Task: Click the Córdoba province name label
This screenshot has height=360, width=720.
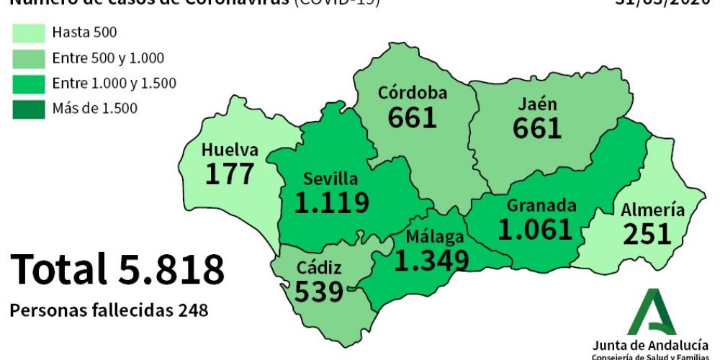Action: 413,93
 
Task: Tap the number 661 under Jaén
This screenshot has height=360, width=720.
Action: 537,128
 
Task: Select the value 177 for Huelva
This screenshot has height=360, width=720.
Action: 230,174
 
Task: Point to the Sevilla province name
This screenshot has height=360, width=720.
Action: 330,179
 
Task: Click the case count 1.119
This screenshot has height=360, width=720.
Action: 332,203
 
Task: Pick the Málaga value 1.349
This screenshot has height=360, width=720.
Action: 432,260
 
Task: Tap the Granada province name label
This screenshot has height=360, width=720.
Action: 541,205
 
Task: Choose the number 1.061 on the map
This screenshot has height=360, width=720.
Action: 535,230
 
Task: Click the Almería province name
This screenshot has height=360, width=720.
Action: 653,210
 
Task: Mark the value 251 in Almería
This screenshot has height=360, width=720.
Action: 647,234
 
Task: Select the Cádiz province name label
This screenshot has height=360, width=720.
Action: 319,269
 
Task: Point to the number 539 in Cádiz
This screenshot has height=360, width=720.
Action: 319,292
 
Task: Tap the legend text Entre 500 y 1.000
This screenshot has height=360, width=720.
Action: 108,58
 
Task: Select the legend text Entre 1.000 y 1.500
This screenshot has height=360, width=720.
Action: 114,84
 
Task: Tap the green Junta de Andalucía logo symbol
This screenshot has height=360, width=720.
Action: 652,311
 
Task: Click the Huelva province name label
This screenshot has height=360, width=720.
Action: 230,150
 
